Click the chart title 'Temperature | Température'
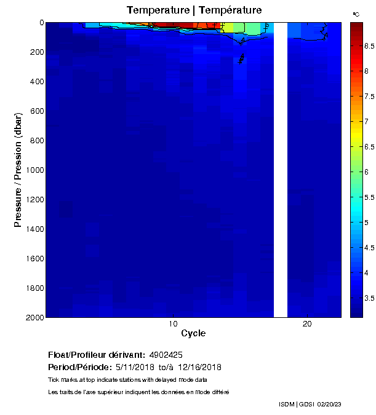pyautogui.click(x=194, y=10)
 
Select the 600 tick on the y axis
pyautogui.click(x=35, y=111)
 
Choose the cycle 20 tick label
pyautogui.click(x=307, y=325)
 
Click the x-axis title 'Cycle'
pyautogui.click(x=193, y=334)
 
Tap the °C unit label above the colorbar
pyautogui.click(x=356, y=14)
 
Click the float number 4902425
pyautogui.click(x=166, y=355)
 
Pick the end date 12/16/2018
pyautogui.click(x=199, y=367)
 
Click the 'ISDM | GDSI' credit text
pyautogui.click(x=297, y=404)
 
